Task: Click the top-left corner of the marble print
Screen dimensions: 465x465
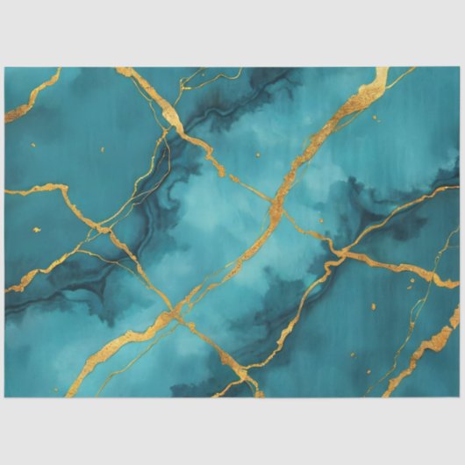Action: click(5, 68)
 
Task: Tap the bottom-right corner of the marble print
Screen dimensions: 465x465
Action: click(459, 397)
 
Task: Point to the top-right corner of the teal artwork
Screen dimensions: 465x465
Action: click(459, 68)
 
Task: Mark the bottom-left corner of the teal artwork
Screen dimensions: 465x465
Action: click(5, 397)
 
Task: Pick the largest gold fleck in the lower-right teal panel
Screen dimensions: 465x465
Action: click(372, 306)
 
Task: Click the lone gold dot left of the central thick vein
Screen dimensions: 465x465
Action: click(259, 155)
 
